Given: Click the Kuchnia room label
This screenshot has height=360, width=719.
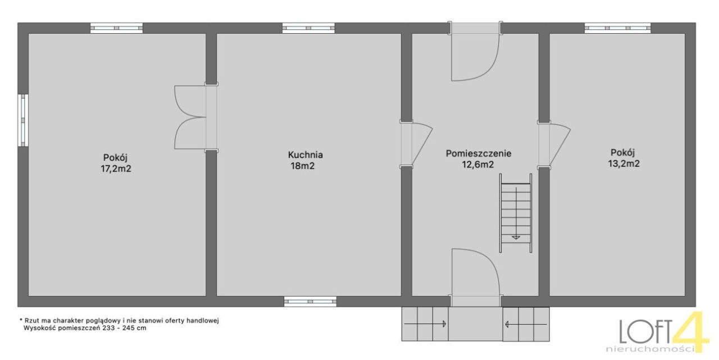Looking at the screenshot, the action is click(305, 155).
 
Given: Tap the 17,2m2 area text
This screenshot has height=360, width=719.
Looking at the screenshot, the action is click(116, 169).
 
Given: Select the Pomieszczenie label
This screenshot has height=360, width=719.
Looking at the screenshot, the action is click(478, 153).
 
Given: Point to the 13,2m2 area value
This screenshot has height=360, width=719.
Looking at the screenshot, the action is click(624, 163).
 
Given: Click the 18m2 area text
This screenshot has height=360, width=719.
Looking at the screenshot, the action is click(303, 166).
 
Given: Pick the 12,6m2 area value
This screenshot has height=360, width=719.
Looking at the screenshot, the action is click(477, 165).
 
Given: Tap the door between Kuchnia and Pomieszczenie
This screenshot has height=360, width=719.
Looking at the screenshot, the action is click(416, 144).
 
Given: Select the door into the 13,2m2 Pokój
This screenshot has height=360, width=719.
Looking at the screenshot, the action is click(554, 144).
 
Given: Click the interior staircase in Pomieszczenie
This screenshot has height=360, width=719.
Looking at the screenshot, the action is click(516, 213).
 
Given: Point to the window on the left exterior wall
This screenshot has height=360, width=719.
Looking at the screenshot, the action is click(23, 120).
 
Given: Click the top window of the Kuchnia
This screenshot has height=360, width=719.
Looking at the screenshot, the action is click(308, 28).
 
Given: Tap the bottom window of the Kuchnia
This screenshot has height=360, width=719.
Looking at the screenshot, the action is click(310, 302).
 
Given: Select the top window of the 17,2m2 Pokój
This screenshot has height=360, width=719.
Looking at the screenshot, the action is click(116, 28).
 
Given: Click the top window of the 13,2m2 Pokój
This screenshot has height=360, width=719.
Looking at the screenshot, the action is click(617, 28).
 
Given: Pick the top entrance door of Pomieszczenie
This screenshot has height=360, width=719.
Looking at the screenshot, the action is click(475, 51).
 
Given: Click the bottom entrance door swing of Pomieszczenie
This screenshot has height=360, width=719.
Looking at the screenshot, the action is click(476, 277).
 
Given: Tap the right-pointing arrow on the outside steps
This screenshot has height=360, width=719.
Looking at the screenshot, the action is click(425, 323).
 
